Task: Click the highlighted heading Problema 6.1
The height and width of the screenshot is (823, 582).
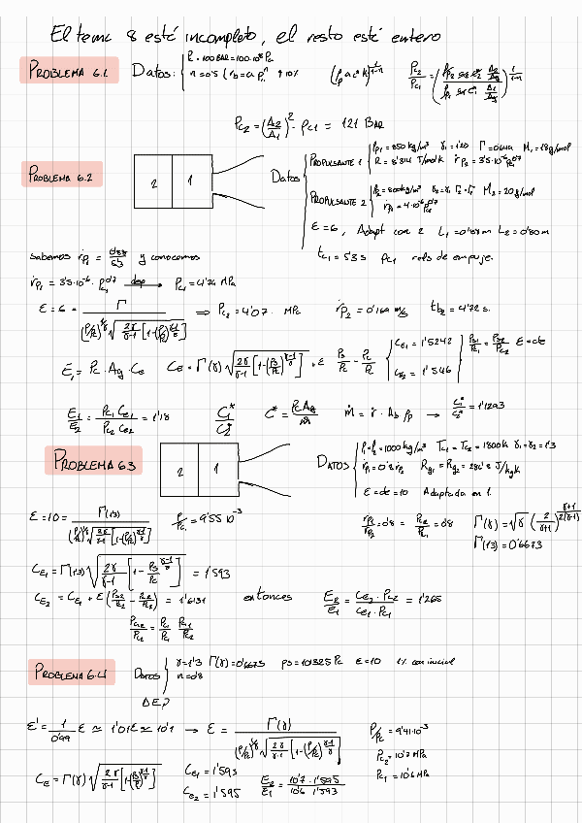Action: [x=69, y=72]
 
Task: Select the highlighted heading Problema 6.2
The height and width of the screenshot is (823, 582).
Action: [x=60, y=177]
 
